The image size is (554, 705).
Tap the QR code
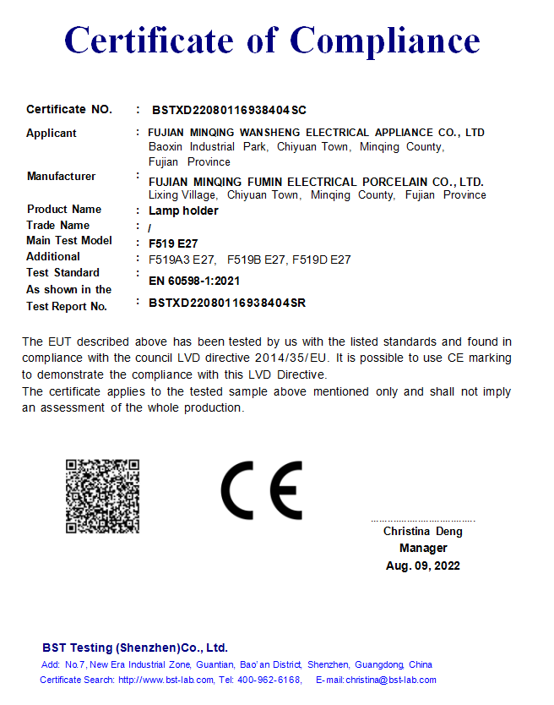[102, 496]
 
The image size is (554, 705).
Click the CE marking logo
[261, 490]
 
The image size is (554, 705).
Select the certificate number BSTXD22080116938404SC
[229, 110]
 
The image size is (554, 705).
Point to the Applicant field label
[52, 133]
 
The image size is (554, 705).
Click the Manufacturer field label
[61, 176]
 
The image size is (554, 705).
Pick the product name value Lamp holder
[183, 210]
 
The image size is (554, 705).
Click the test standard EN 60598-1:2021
[194, 281]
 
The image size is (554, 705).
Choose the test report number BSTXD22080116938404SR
[227, 303]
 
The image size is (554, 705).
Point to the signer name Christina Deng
[423, 532]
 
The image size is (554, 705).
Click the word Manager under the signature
[423, 549]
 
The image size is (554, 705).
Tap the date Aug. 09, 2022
[423, 566]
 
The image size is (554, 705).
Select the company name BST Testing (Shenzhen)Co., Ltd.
[135, 648]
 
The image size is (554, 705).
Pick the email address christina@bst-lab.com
[390, 680]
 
